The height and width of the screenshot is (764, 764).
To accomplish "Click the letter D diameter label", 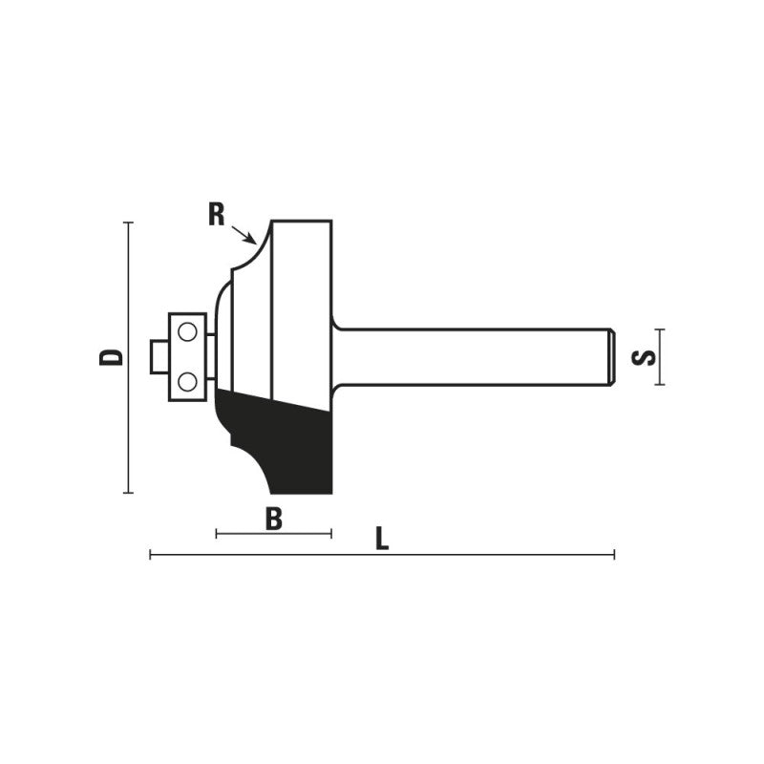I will (113, 357).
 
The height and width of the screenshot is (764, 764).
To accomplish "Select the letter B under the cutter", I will (274, 520).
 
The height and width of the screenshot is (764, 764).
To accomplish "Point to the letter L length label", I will (382, 540).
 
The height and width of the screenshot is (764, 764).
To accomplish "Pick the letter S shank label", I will (646, 357).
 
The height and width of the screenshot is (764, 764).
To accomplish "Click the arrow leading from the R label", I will (244, 232).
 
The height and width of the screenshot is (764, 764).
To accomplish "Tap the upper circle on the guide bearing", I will (188, 332).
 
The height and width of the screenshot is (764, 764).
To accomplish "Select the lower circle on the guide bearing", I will (188, 381).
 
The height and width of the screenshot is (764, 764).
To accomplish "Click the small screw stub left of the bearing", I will (159, 357).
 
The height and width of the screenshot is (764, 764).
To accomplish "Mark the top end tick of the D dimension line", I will (128, 222).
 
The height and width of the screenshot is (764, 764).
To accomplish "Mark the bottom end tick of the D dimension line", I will (128, 493).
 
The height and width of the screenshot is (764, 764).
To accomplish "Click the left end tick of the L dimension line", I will (151, 554).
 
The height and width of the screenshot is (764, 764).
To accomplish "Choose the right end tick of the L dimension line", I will (614, 554).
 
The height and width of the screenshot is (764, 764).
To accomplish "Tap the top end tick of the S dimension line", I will (659, 329).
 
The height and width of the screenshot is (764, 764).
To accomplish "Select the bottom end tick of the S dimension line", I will (659, 385).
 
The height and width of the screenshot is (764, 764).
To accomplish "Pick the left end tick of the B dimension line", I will (217, 533).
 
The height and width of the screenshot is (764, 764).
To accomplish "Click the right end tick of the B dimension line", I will (330, 533).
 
